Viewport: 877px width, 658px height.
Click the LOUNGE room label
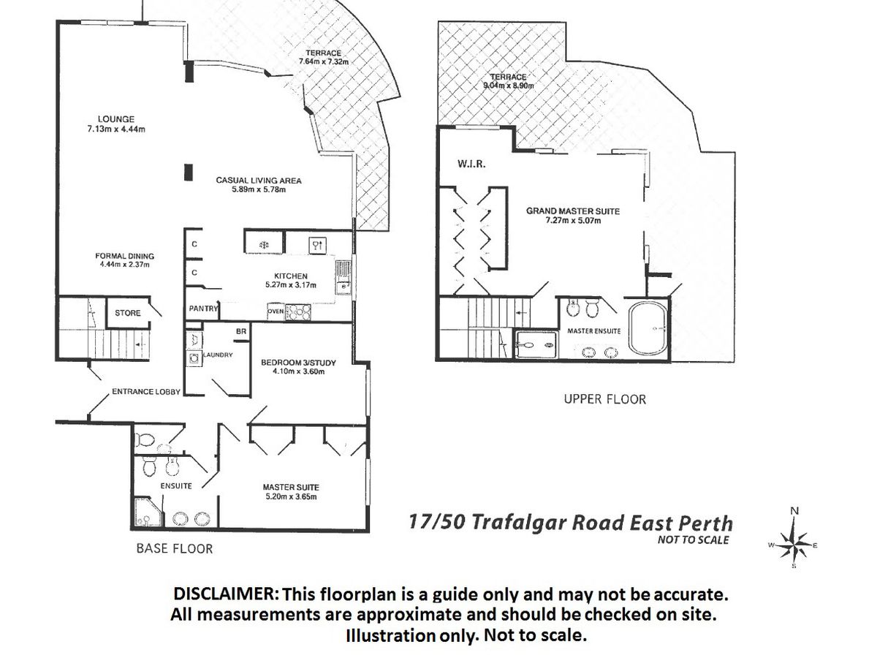click(116, 119)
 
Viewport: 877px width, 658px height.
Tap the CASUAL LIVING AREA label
click(259, 181)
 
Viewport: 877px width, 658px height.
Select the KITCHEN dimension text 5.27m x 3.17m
click(290, 285)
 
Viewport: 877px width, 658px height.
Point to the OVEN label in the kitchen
click(276, 311)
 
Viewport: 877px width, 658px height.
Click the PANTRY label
click(203, 309)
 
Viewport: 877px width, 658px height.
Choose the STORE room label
click(127, 313)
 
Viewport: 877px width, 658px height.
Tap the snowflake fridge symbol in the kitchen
click(264, 245)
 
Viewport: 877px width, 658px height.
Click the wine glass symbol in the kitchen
click(318, 245)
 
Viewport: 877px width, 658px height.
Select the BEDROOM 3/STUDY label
click(298, 363)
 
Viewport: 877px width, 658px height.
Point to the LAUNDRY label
click(218, 355)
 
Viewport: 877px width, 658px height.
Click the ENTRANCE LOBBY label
click(146, 392)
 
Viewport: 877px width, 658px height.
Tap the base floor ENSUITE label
click(176, 485)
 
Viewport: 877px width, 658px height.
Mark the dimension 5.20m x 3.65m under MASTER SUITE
click(291, 496)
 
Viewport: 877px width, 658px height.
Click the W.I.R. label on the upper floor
click(471, 164)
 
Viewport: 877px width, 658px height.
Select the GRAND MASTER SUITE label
click(572, 211)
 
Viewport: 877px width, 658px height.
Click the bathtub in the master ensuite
click(648, 329)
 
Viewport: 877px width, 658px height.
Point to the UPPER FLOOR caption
click(604, 399)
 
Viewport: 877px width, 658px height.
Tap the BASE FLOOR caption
click(175, 548)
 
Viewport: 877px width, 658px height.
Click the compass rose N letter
click(794, 510)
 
